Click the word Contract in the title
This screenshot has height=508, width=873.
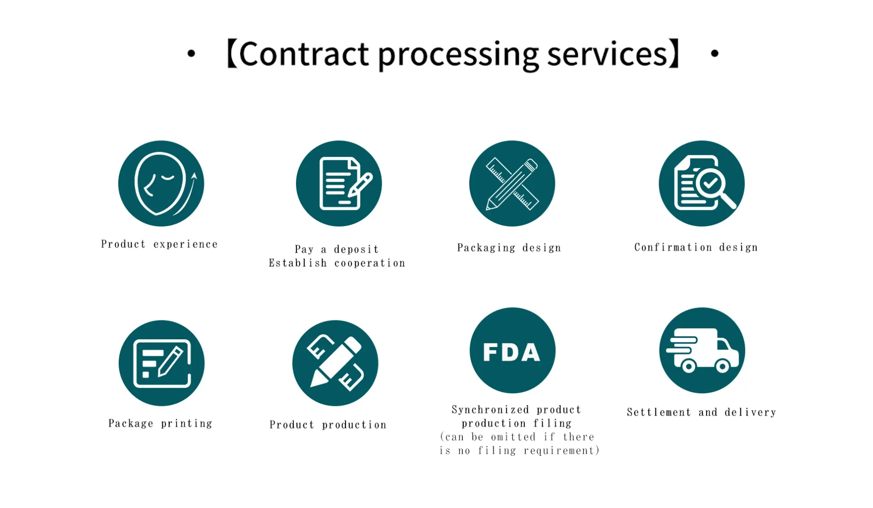click(x=304, y=54)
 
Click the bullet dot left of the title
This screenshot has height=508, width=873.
click(x=191, y=54)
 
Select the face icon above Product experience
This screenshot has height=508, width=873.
click(x=161, y=183)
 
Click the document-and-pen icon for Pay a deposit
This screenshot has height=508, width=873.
click(x=339, y=183)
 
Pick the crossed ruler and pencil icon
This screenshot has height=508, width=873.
click(x=512, y=183)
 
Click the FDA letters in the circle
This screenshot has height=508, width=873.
click(x=512, y=352)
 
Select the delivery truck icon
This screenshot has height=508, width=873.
click(x=702, y=350)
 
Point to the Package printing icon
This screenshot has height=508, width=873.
click(x=161, y=363)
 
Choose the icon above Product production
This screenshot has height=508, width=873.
click(x=335, y=363)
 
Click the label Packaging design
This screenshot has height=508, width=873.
click(x=509, y=248)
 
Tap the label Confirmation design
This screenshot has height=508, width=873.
click(x=696, y=248)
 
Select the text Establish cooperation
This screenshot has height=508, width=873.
click(x=337, y=263)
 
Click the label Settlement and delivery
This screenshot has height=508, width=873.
click(x=701, y=412)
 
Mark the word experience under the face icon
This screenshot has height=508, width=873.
click(x=185, y=244)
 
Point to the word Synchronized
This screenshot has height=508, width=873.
click(x=490, y=409)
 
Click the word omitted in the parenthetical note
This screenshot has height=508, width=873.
click(x=513, y=437)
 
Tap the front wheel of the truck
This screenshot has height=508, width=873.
click(x=722, y=366)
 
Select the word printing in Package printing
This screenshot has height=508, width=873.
click(x=187, y=424)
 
